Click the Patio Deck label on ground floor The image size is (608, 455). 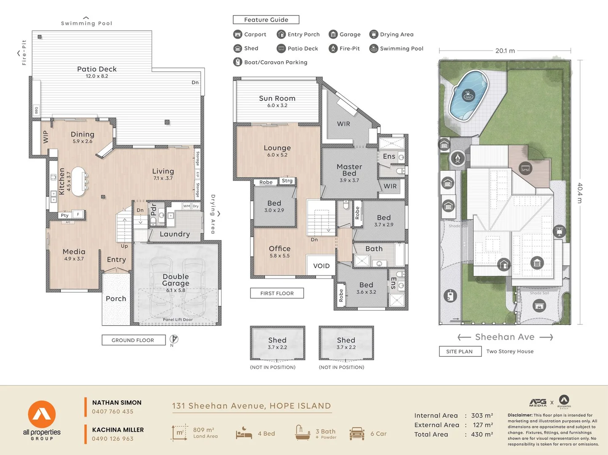click(x=97, y=70)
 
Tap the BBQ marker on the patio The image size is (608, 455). click(x=37, y=110)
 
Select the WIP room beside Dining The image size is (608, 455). click(x=46, y=137)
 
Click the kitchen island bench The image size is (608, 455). click(x=78, y=181)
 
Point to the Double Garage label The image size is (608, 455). click(x=176, y=280)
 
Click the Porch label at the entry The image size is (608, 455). click(x=116, y=299)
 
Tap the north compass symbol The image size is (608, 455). click(x=174, y=339)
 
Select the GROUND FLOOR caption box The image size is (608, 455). click(x=133, y=340)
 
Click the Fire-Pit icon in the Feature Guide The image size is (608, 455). click(x=333, y=48)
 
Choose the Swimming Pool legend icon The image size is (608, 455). click(x=373, y=48)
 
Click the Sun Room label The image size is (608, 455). click(x=277, y=99)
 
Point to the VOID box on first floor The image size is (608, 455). click(x=321, y=266)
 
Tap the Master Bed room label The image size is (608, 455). click(x=349, y=170)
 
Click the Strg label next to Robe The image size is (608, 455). click(x=287, y=181)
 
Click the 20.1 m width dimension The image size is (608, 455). click(x=505, y=51)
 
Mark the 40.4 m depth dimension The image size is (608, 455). click(x=580, y=193)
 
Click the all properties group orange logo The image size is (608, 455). click(x=42, y=414)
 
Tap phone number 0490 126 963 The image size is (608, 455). click(x=112, y=439)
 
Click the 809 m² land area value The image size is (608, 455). click(x=204, y=430)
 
